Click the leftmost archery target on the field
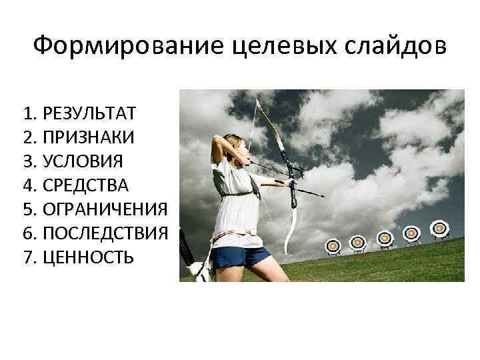[335, 245]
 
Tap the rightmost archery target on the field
[439, 229]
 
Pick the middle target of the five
[385, 237]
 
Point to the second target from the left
[358, 242]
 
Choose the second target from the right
[412, 233]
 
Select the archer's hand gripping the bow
[291, 181]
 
